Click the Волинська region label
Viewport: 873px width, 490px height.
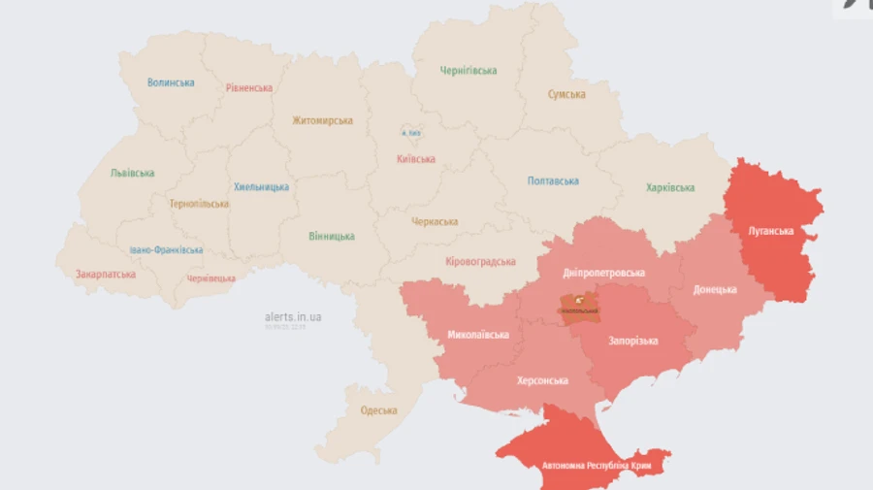[x=171, y=82]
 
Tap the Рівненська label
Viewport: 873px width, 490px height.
[x=249, y=87]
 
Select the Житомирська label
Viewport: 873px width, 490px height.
[x=322, y=121]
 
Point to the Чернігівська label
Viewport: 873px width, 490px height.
[x=469, y=71]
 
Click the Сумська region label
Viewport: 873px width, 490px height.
[x=566, y=94]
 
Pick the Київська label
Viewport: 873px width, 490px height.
[x=416, y=159]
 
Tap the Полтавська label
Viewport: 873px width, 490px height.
[x=553, y=181]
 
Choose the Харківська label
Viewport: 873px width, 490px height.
[x=670, y=188]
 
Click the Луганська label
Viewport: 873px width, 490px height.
[x=771, y=232]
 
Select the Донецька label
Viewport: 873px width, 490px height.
[x=715, y=289]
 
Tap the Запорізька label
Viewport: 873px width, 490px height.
[x=633, y=342]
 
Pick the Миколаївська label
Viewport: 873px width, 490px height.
[x=478, y=335]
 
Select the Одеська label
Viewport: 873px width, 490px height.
[x=379, y=410]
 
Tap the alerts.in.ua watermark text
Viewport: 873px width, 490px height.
[x=293, y=316]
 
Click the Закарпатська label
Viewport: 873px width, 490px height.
[x=106, y=275]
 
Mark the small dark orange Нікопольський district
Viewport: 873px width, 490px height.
[x=578, y=307]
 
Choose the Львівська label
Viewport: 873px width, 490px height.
[x=132, y=174]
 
